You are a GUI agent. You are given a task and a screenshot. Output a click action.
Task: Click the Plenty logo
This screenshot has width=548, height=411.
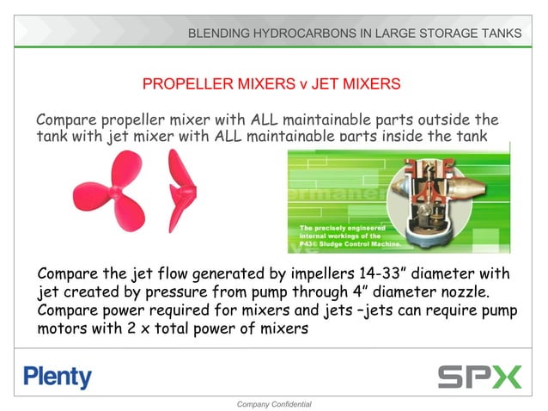click(58, 377)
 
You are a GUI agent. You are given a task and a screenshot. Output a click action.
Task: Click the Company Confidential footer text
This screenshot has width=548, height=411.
click(273, 403)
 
